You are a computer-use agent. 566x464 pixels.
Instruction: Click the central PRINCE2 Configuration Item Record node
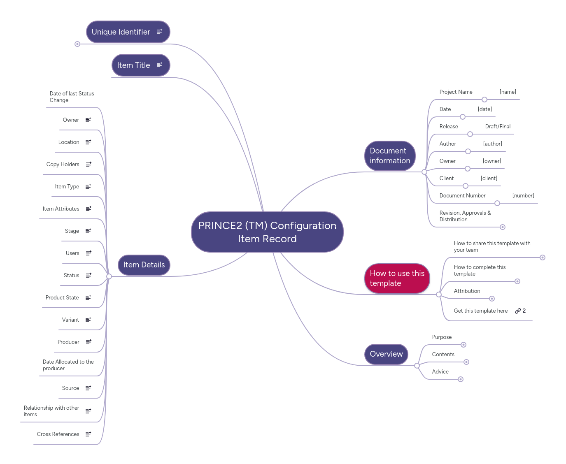[x=267, y=232]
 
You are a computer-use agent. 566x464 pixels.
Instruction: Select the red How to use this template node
[x=397, y=278]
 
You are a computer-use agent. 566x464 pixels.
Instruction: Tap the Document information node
[x=389, y=156]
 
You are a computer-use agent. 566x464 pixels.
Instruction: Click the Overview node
[x=386, y=354]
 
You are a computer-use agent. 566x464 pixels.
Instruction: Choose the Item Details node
[x=144, y=265]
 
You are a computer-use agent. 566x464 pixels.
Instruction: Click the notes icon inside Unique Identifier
[x=159, y=32]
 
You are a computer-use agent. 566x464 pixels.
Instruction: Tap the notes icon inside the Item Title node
[x=159, y=65]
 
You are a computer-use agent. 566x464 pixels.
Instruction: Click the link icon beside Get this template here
[x=518, y=311]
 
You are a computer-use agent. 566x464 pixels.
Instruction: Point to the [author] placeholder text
[x=492, y=144]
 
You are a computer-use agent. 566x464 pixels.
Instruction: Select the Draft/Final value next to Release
[x=497, y=127]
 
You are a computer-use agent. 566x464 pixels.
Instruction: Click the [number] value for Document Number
[x=523, y=196]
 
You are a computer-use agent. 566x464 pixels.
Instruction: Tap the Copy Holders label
[x=63, y=165]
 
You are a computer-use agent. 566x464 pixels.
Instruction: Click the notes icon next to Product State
[x=88, y=298]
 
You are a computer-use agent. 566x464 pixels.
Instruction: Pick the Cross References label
[x=58, y=434]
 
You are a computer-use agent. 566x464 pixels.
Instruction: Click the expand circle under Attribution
[x=491, y=299]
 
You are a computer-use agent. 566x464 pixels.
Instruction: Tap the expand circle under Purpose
[x=463, y=345]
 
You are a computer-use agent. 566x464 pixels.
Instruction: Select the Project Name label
[x=456, y=92]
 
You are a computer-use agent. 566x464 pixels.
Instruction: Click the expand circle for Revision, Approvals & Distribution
[x=502, y=227]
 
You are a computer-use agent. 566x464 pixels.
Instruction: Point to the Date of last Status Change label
[x=72, y=97]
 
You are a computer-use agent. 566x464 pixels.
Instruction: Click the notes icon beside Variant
[x=88, y=320]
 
